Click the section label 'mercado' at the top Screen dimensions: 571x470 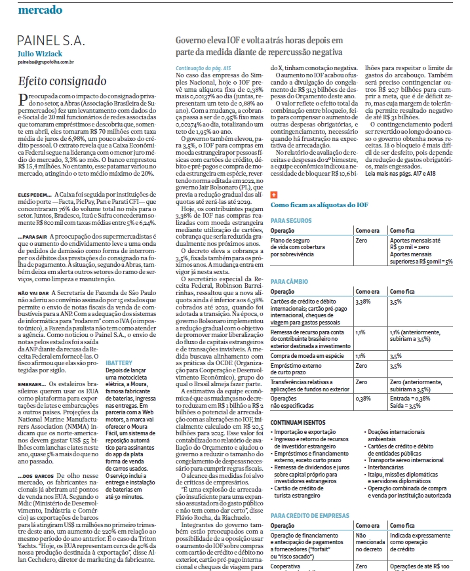[x=40, y=10]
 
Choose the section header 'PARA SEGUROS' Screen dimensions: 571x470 [x=290, y=203]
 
